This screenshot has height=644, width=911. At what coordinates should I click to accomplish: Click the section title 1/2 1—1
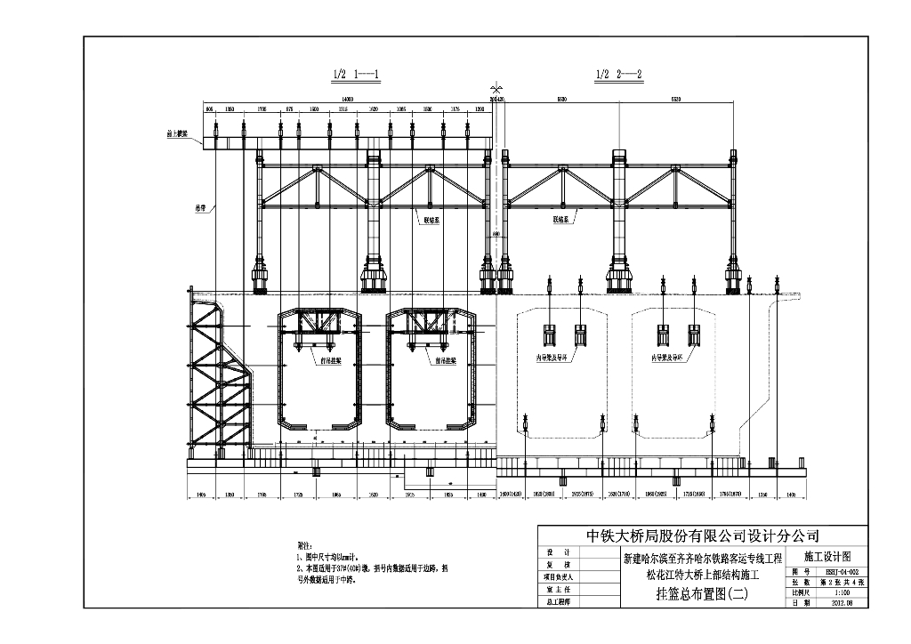tap(355, 74)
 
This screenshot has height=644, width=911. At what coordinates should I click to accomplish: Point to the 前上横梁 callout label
tap(178, 135)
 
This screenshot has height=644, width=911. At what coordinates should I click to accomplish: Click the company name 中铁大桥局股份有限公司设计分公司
tap(702, 535)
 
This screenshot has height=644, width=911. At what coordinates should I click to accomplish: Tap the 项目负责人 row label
tap(559, 576)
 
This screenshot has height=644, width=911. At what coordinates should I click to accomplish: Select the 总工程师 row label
tap(559, 602)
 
